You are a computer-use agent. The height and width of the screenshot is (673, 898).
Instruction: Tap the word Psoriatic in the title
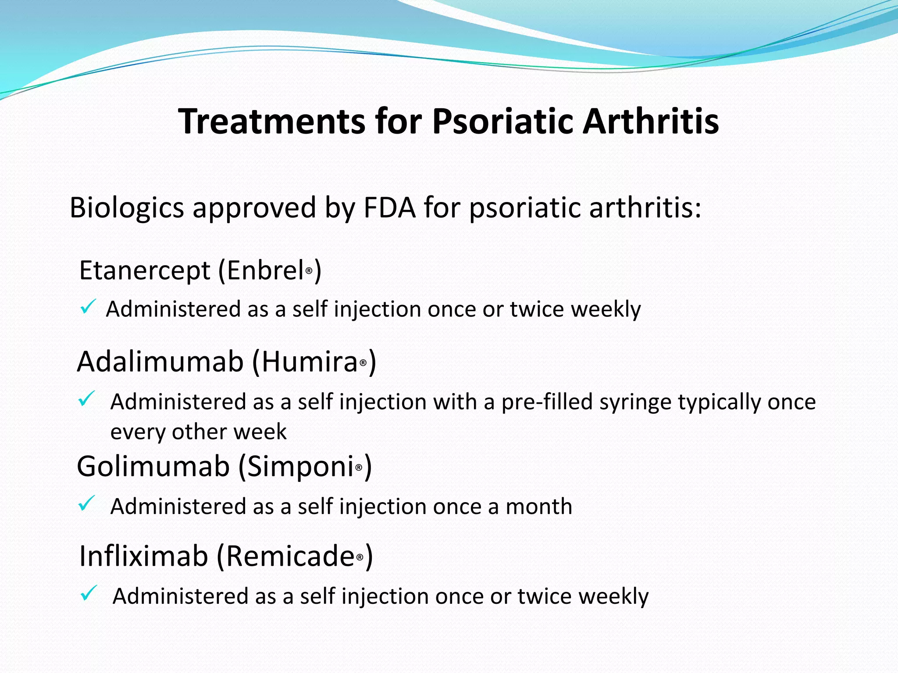point(502,121)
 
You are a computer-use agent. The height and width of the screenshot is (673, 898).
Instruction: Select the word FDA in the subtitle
point(389,207)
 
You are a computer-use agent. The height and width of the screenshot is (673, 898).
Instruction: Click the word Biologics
point(126,207)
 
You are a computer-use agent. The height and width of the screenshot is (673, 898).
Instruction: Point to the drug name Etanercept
point(145,270)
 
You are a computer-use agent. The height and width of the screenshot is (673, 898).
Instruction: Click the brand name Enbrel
point(265,270)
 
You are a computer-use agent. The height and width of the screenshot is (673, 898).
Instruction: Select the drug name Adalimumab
point(160,362)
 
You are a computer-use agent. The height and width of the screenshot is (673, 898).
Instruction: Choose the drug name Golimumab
point(153,466)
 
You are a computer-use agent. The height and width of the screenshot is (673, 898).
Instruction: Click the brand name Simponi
point(301,466)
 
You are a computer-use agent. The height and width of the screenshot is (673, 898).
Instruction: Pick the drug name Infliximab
point(143,556)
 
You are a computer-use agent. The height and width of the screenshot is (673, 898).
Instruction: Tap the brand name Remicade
point(290,556)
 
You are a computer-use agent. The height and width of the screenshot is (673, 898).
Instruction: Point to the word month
point(539,507)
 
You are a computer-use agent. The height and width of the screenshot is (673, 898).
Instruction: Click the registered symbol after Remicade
point(360,558)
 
